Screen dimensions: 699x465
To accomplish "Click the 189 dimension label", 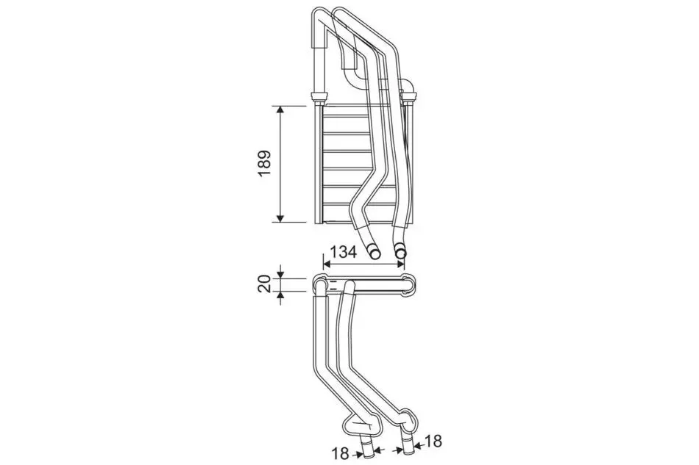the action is (x=265, y=164).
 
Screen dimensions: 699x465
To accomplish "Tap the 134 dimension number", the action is (x=343, y=252).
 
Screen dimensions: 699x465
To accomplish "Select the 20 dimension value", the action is (x=265, y=283).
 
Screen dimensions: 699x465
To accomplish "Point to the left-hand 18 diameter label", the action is (x=341, y=454).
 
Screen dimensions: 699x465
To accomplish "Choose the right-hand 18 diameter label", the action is (x=432, y=441).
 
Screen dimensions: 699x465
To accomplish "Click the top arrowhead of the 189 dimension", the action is (x=280, y=110).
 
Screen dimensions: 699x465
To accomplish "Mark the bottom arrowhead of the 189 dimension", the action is (x=280, y=217).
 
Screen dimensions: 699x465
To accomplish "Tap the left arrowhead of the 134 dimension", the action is (x=327, y=264).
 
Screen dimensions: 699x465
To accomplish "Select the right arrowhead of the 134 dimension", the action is (x=400, y=264).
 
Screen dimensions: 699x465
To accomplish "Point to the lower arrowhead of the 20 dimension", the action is (x=280, y=295).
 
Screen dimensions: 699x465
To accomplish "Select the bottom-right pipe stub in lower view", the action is (x=408, y=443).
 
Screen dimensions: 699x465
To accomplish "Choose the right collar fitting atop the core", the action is (x=409, y=96).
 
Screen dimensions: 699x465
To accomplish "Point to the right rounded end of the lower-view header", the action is (x=409, y=285).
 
